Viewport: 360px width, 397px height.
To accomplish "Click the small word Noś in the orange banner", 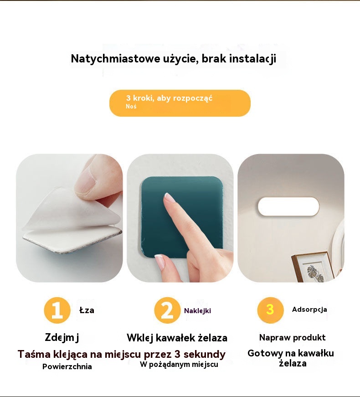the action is pos(131,106).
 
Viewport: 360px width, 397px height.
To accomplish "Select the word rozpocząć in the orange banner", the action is pos(193,98).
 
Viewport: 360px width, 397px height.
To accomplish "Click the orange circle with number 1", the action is pos(57,310).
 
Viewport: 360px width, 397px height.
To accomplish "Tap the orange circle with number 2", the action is pos(167,310).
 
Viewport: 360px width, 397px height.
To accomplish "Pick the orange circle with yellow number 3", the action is pos(270,310).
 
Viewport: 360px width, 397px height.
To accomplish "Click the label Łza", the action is pos(87,310).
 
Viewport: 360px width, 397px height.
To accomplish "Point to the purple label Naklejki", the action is pos(197,311).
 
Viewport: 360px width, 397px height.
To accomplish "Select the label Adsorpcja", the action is pos(309,309).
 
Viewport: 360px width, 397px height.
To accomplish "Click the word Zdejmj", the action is pos(62,337).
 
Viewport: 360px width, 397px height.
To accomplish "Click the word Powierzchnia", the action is pos(67,366).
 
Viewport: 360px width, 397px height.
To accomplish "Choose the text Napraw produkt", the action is pos(293,337).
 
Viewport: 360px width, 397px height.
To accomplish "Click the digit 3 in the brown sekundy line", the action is pos(177,354).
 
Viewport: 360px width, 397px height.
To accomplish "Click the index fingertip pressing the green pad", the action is pos(168,197).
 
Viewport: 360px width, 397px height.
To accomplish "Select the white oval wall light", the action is pos(288,206).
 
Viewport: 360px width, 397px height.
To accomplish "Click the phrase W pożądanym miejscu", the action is pos(179,364).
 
